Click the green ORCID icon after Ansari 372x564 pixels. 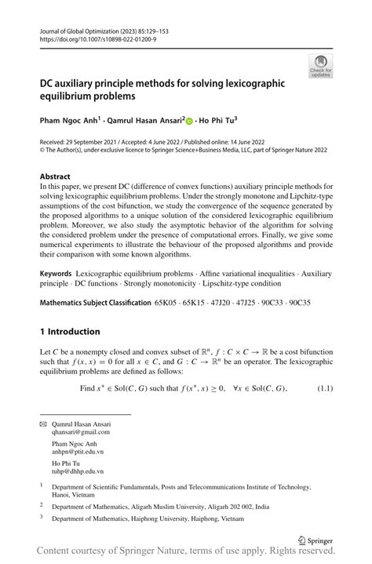point(189,122)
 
